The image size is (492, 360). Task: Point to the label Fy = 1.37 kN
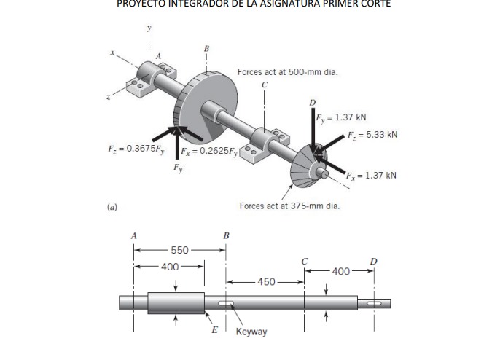[x=341, y=117]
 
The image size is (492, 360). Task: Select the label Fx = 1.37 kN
[x=371, y=176]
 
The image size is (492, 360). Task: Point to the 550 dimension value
[x=179, y=250]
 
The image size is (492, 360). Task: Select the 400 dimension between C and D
[x=341, y=271]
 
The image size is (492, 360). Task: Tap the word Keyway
[x=251, y=332]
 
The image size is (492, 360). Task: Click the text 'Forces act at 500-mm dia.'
[x=287, y=72]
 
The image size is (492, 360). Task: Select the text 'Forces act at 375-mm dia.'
[x=289, y=206]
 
